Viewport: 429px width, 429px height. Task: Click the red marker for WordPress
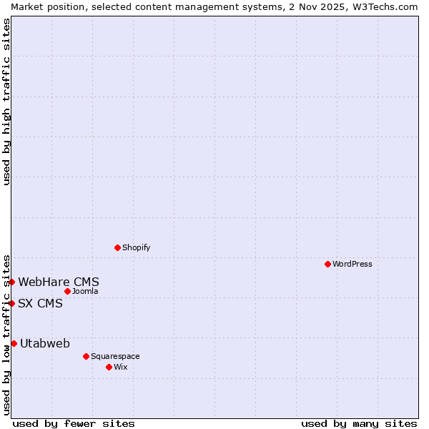(x=327, y=264)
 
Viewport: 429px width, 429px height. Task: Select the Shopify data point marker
(x=117, y=247)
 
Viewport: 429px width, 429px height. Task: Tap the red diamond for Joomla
(x=67, y=291)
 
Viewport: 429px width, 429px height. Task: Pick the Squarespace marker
(x=86, y=356)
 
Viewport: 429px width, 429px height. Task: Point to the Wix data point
(x=109, y=367)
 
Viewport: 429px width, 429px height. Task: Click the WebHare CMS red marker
(x=12, y=282)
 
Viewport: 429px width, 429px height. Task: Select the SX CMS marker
(x=12, y=303)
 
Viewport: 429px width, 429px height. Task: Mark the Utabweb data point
(x=14, y=343)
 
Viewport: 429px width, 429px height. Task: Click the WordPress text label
(x=352, y=264)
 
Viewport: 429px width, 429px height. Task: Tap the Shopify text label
(x=136, y=247)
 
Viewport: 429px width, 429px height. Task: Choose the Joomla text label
(x=85, y=291)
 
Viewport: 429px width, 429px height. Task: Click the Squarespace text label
(x=115, y=356)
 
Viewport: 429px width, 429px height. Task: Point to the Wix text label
(x=120, y=367)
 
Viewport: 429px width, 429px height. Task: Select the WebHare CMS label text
(x=59, y=282)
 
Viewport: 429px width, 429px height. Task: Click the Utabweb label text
(x=45, y=343)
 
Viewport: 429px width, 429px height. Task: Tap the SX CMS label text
(x=40, y=303)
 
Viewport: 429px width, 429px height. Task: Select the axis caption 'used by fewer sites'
(x=74, y=423)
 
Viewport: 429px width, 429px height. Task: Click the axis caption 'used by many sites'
(x=359, y=423)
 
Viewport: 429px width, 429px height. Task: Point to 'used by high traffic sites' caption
(x=6, y=102)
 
